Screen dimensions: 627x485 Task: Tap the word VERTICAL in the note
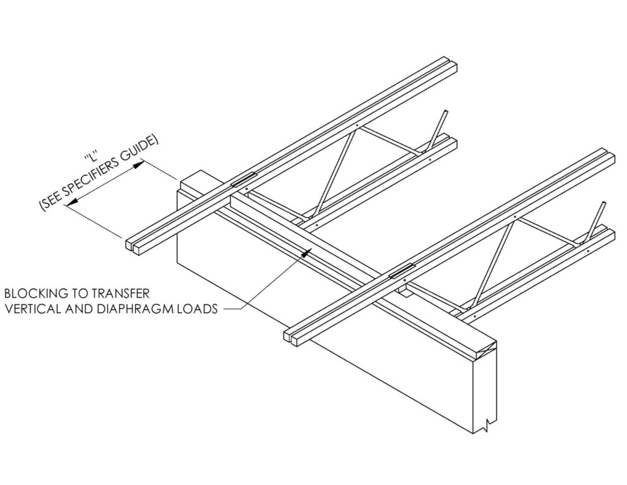coord(31,309)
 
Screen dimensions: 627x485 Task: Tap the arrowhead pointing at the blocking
coord(307,252)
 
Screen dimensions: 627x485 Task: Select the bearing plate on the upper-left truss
coord(244,179)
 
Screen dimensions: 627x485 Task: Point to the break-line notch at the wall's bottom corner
coord(488,424)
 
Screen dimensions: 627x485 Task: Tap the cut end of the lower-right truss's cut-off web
coord(602,205)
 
